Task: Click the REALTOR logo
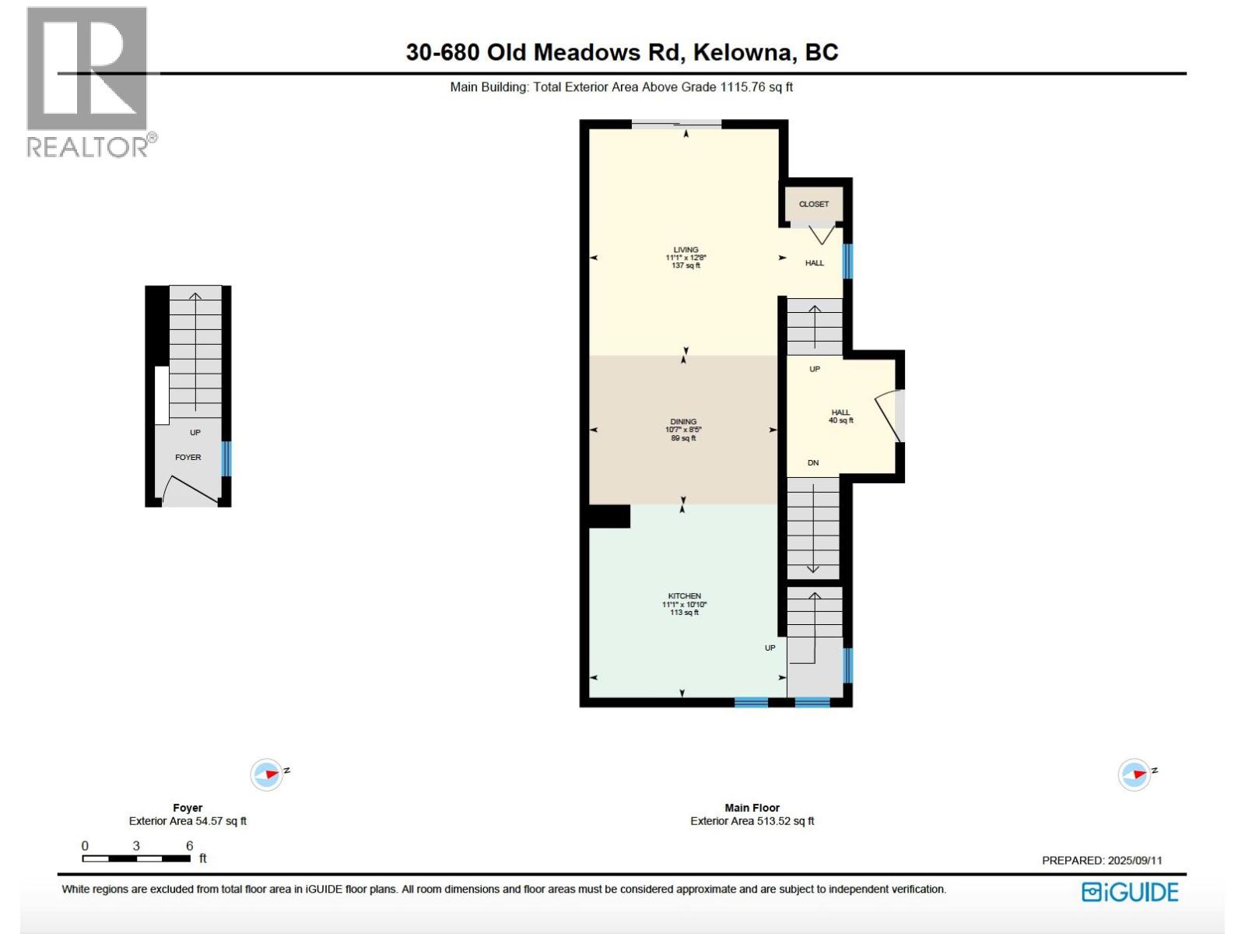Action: pyautogui.click(x=88, y=82)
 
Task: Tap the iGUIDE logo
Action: pyautogui.click(x=1130, y=892)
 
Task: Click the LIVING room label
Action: pyautogui.click(x=686, y=250)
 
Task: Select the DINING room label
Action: pyautogui.click(x=683, y=422)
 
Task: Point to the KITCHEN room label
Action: pyautogui.click(x=684, y=596)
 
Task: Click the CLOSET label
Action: pyautogui.click(x=814, y=204)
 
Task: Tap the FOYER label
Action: pyautogui.click(x=188, y=458)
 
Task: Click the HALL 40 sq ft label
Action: pyautogui.click(x=840, y=416)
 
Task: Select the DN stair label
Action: pyautogui.click(x=813, y=463)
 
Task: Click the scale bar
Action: pyautogui.click(x=136, y=859)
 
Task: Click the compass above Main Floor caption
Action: pyautogui.click(x=1135, y=774)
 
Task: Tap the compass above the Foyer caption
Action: pyautogui.click(x=267, y=774)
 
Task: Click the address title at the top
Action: pyautogui.click(x=622, y=52)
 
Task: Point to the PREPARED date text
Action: pyautogui.click(x=1102, y=860)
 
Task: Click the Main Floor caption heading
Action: pyautogui.click(x=752, y=808)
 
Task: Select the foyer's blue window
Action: pyautogui.click(x=226, y=459)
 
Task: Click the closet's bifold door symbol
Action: pyautogui.click(x=820, y=234)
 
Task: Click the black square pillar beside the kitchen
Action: pyautogui.click(x=609, y=517)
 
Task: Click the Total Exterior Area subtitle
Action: pyautogui.click(x=621, y=87)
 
